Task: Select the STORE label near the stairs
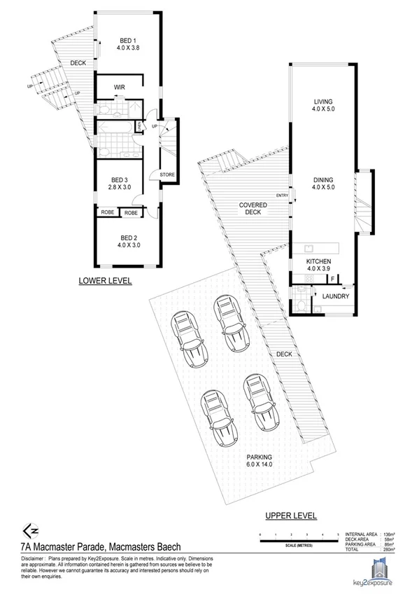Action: pyautogui.click(x=167, y=174)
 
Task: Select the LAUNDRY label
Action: pyautogui.click(x=335, y=296)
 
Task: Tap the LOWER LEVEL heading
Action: pyautogui.click(x=106, y=281)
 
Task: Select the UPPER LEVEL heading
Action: pyautogui.click(x=291, y=516)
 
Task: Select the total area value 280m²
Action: pyautogui.click(x=389, y=551)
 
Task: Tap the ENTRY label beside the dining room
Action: pyautogui.click(x=282, y=195)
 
